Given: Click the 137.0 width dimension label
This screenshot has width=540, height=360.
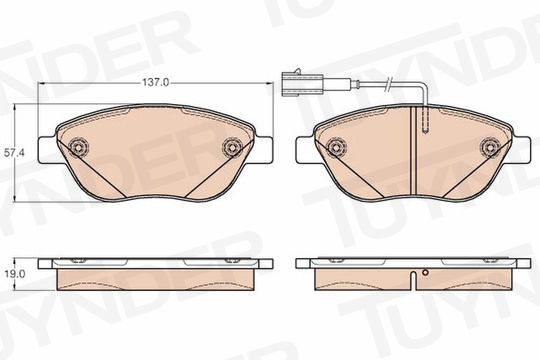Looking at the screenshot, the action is [156, 83].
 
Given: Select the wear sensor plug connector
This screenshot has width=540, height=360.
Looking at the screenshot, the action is [302, 84].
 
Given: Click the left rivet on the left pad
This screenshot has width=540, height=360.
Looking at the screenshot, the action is [79, 148].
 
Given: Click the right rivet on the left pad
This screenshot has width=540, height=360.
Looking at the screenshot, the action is [232, 148].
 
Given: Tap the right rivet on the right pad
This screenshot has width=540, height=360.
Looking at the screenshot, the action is [490, 148].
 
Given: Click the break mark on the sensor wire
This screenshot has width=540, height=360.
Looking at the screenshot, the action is [389, 84].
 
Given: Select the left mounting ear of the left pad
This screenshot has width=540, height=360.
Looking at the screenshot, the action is [47, 150].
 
